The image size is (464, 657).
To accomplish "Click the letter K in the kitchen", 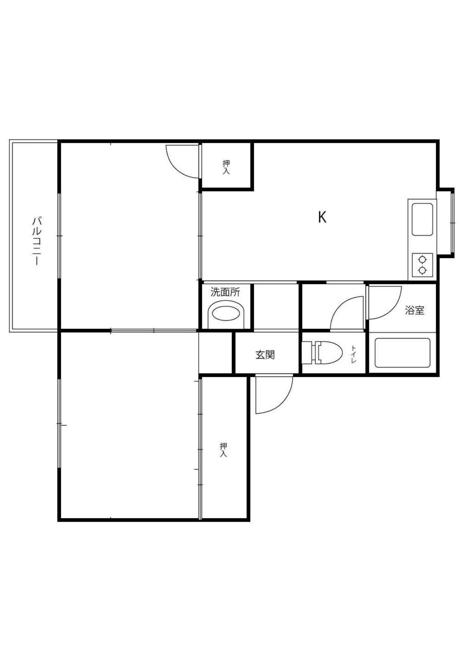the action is [322, 217].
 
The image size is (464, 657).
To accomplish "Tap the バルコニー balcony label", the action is [36, 240].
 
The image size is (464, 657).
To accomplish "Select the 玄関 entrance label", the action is [265, 354].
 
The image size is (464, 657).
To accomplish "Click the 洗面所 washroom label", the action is [225, 292].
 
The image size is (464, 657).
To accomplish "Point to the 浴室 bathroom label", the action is [415, 310].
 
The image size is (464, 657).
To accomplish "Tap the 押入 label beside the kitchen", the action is [226, 167].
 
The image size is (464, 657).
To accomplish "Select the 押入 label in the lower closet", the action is [223, 450].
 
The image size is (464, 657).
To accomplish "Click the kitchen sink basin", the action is [422, 219].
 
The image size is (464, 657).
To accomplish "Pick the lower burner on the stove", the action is [422, 270].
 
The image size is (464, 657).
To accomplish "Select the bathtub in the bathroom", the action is [402, 353].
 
